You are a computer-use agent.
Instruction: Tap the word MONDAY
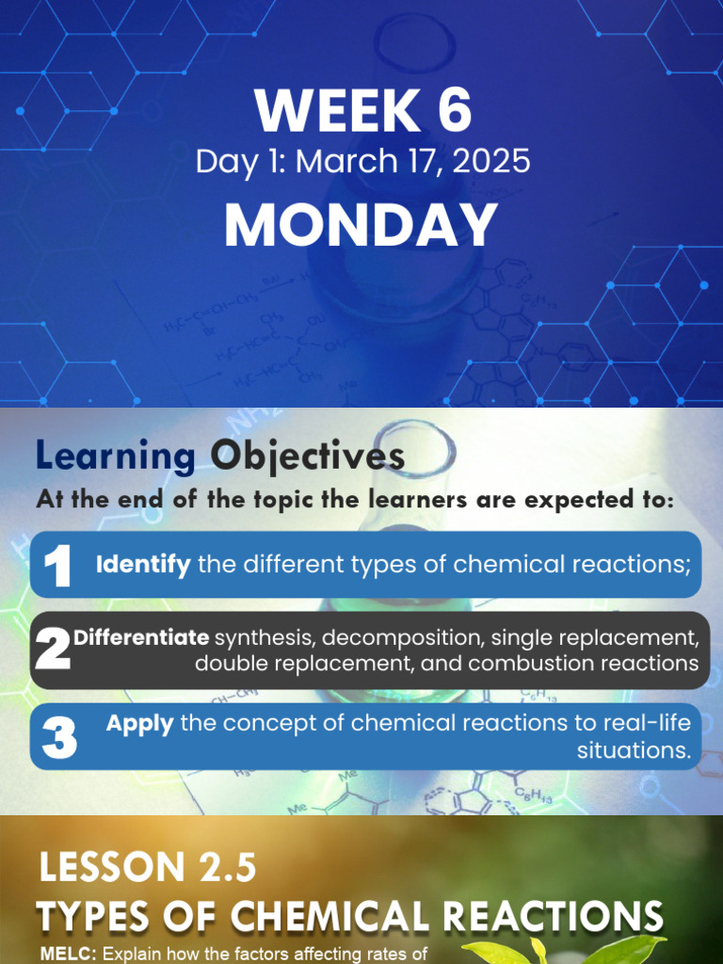tap(361, 226)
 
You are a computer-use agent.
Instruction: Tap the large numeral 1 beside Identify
tap(57, 567)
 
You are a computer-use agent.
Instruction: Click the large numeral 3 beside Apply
tap(58, 738)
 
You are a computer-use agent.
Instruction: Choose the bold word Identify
tap(143, 565)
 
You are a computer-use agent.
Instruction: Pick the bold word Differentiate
tap(141, 638)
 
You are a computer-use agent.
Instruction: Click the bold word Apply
tap(139, 724)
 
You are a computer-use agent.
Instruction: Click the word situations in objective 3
tap(634, 749)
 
